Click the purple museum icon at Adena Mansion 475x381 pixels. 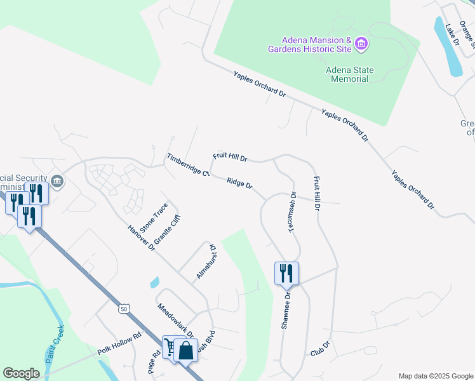pos(361,43)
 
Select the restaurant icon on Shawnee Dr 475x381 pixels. pos(286,272)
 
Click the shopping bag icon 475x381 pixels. pos(185,349)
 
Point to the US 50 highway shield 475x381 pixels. pos(122,309)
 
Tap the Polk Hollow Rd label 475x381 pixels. pos(119,344)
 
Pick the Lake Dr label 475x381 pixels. pos(452,34)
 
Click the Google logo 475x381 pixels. pos(21,373)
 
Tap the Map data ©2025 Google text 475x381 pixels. pos(434,376)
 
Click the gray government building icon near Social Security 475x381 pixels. pos(57,182)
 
